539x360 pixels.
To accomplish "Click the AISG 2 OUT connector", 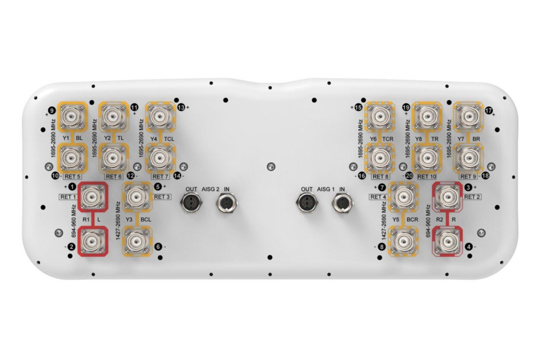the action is click(x=191, y=202).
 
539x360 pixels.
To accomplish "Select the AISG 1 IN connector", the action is click(x=341, y=202).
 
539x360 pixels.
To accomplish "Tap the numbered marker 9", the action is click(x=53, y=111).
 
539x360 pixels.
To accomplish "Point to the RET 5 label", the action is click(x=72, y=177).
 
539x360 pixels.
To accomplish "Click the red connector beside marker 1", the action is click(x=92, y=197).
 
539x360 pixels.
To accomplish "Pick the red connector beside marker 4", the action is click(x=448, y=241).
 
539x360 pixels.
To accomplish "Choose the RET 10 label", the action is click(x=427, y=177).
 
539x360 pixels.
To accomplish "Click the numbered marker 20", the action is click(x=409, y=175).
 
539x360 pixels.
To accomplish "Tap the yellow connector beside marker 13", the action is click(x=160, y=116).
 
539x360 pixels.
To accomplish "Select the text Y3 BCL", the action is click(x=138, y=219).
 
